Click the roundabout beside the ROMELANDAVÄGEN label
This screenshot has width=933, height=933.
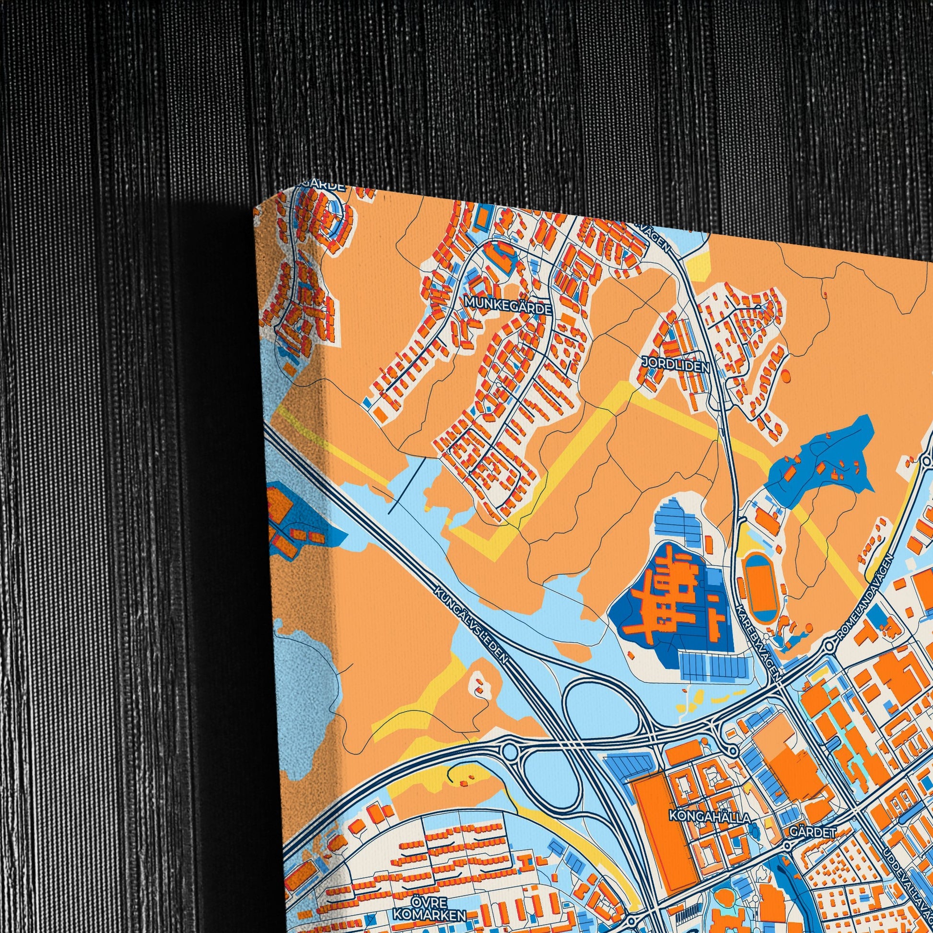tap(829, 647)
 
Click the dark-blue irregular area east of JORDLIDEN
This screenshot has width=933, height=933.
tap(821, 459)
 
